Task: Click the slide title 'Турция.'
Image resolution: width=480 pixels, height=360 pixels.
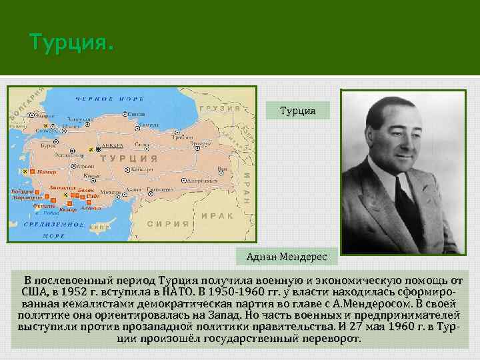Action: click(x=71, y=43)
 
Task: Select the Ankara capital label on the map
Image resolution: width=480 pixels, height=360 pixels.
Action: click(x=113, y=145)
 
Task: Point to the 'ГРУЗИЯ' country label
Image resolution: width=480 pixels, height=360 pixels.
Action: click(x=220, y=109)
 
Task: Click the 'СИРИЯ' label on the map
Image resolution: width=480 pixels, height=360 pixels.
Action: click(x=168, y=224)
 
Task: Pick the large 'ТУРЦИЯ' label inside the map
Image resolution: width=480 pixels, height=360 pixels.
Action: click(x=129, y=159)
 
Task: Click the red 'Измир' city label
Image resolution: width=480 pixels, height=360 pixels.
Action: click(x=45, y=172)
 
